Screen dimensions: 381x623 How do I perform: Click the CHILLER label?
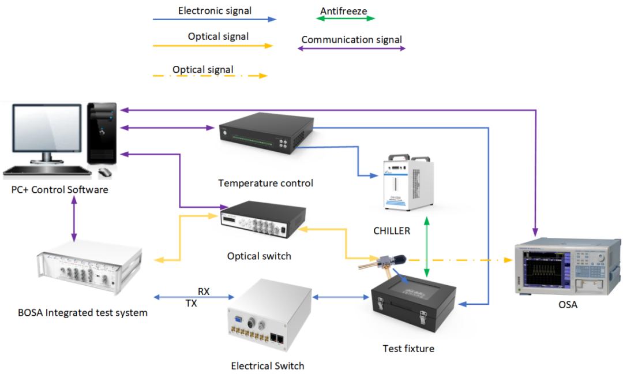[391, 231]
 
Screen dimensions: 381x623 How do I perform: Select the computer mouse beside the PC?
[104, 172]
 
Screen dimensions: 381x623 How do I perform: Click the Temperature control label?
[265, 184]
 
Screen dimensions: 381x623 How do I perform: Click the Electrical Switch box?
[269, 318]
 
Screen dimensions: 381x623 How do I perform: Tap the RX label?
[204, 292]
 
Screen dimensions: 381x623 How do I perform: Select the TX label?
[191, 302]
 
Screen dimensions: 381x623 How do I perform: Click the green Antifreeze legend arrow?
[346, 18]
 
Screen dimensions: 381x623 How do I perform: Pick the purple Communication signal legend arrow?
[351, 48]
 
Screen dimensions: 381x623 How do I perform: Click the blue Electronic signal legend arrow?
[214, 19]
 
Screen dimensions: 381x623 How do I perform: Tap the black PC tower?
[102, 133]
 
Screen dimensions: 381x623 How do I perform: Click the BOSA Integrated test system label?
[82, 313]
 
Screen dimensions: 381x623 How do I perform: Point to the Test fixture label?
[408, 348]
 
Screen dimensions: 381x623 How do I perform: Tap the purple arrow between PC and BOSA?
[74, 219]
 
